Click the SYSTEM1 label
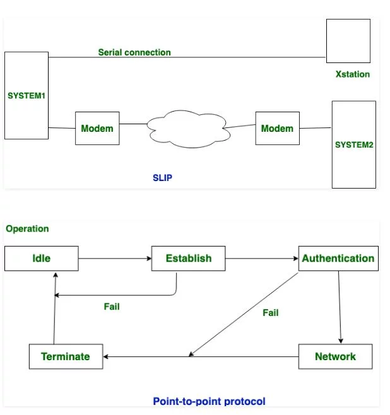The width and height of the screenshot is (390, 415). pyautogui.click(x=27, y=95)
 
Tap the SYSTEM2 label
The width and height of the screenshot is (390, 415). pyautogui.click(x=354, y=145)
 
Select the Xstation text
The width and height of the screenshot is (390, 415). pyautogui.click(x=353, y=74)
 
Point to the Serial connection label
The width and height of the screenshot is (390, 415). pyautogui.click(x=134, y=52)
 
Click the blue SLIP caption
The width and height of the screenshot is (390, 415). pyautogui.click(x=162, y=178)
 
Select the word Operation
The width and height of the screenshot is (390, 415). pyautogui.click(x=27, y=229)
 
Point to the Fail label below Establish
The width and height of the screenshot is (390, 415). pyautogui.click(x=112, y=307)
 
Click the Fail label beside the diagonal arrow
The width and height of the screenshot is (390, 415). pyautogui.click(x=271, y=313)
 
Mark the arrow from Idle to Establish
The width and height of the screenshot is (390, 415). pyautogui.click(x=115, y=259)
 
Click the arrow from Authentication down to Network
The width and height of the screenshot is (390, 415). pyautogui.click(x=340, y=307)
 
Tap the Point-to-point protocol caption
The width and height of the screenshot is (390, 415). pyautogui.click(x=209, y=401)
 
